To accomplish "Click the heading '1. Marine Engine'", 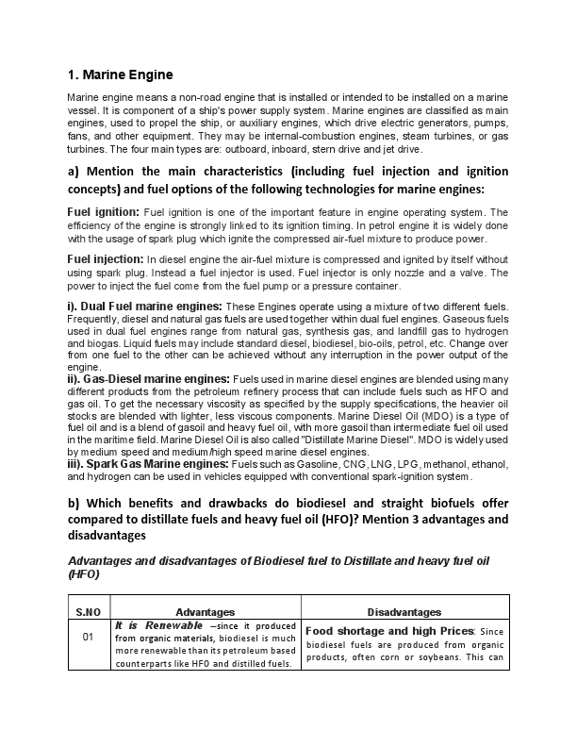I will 120,75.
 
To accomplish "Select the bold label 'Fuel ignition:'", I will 104,212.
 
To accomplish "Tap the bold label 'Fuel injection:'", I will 106,257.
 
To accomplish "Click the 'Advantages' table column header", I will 206,612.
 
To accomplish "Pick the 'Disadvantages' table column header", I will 404,612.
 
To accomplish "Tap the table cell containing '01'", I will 89,637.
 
